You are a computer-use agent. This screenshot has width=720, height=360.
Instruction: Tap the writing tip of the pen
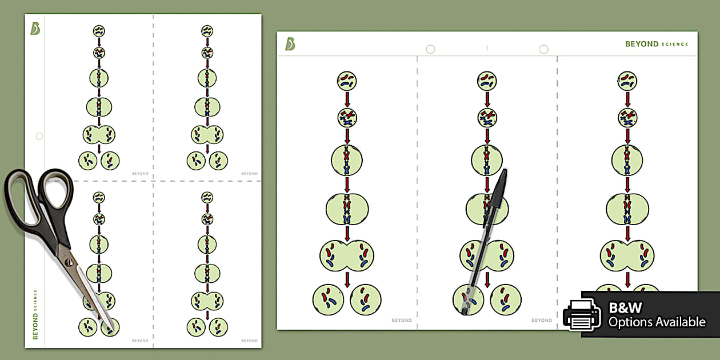[464, 311]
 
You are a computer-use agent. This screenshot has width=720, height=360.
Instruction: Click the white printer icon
[582, 315]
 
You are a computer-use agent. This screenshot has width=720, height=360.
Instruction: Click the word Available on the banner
[676, 322]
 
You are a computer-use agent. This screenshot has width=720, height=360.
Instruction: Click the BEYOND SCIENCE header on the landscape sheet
[657, 44]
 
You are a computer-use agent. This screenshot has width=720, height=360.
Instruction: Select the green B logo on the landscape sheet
[290, 44]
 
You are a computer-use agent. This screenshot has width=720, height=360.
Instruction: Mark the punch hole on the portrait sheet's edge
[39, 136]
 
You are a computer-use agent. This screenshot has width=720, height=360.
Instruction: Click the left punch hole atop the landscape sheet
[430, 50]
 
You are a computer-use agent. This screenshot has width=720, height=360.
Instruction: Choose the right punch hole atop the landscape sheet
[543, 50]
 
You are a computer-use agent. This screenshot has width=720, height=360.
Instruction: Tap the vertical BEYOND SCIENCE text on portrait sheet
[35, 314]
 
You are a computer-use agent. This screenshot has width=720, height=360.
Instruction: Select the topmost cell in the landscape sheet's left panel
[346, 81]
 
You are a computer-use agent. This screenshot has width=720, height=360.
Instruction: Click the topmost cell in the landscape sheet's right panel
[627, 81]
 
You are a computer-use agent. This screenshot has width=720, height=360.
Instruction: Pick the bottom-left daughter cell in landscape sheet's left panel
[328, 299]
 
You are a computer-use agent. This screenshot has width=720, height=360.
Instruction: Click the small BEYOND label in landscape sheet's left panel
[402, 321]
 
